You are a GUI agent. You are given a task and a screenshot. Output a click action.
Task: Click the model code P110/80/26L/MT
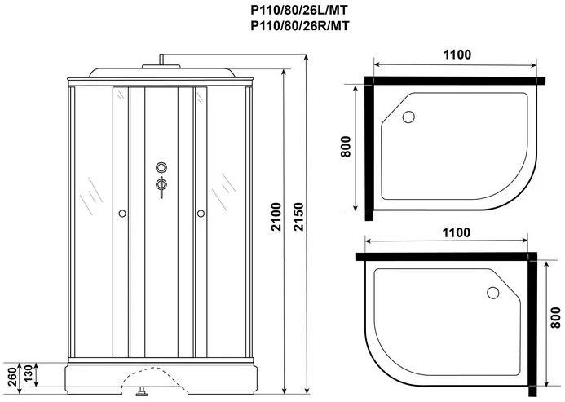point(299,10)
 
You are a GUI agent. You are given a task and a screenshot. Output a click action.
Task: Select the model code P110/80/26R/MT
point(299,26)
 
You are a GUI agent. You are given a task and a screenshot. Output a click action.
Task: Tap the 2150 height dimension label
point(298,217)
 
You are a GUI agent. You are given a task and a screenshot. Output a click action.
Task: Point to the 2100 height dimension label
point(276,217)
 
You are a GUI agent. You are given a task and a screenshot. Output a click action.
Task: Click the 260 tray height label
point(12,377)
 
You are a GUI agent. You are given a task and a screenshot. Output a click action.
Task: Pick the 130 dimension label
point(28,374)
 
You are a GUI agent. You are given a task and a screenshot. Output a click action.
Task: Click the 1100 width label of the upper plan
point(457,55)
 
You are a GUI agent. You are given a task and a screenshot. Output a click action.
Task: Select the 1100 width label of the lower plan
point(457,232)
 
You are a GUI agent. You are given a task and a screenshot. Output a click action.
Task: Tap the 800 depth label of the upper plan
point(345,147)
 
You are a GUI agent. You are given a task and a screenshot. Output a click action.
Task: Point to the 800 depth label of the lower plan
point(556,317)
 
